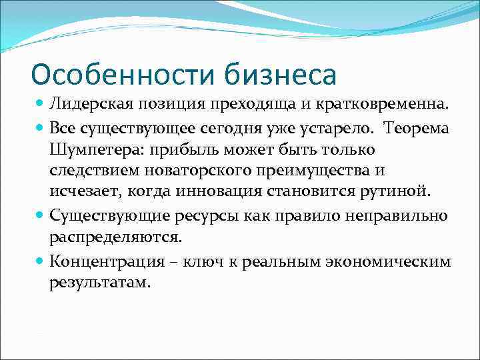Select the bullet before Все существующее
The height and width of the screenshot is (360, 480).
tap(41, 127)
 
